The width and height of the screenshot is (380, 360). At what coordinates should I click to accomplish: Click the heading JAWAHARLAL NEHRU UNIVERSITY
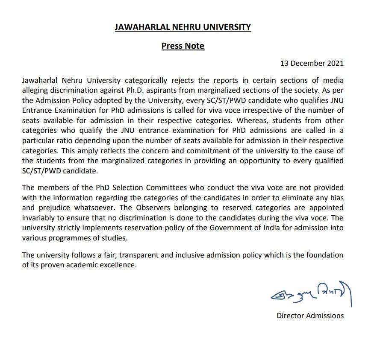click(183, 27)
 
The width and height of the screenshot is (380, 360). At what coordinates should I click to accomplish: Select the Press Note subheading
click(183, 46)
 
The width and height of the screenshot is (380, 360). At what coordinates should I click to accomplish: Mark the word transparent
click(138, 255)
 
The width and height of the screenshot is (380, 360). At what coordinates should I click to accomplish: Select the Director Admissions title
click(310, 316)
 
